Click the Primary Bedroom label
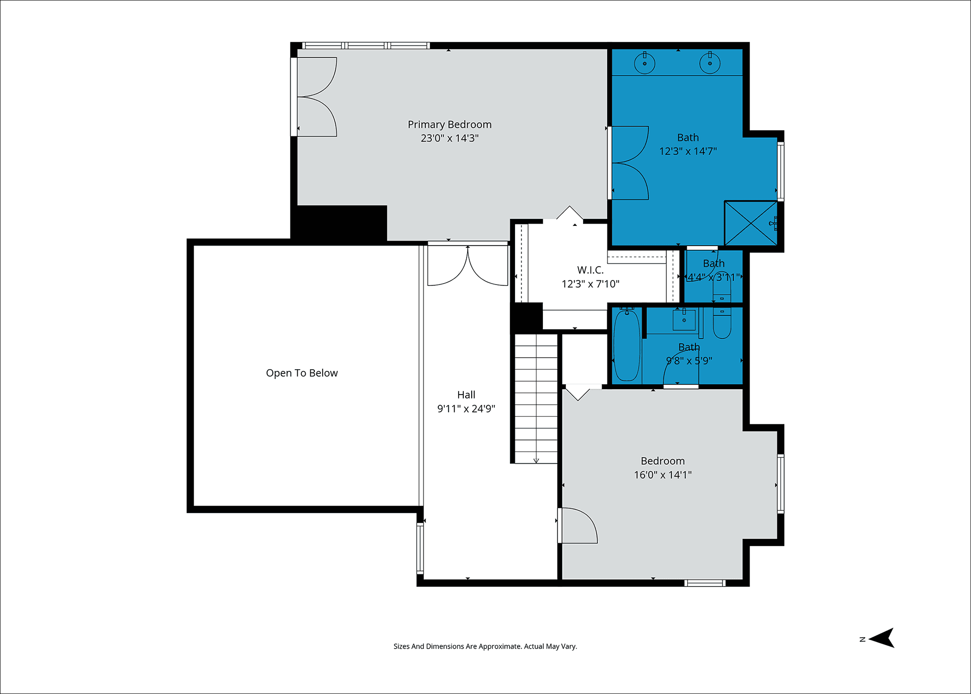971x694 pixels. [449, 124]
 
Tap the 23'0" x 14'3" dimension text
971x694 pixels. [449, 138]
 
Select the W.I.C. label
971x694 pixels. [590, 270]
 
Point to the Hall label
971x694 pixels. [466, 395]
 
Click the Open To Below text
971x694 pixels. [302, 373]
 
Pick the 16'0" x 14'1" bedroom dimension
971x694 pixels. [663, 475]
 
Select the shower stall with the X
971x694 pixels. [751, 223]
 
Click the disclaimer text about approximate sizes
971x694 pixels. [485, 646]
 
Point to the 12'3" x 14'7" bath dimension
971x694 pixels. [688, 151]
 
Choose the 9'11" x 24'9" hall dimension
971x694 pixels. [466, 409]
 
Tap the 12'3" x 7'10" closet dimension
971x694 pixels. [590, 284]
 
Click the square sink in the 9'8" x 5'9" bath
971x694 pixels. [684, 320]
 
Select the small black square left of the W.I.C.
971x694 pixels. [527, 317]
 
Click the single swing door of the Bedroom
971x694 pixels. [578, 526]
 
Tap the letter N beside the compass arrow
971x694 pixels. [862, 639]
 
